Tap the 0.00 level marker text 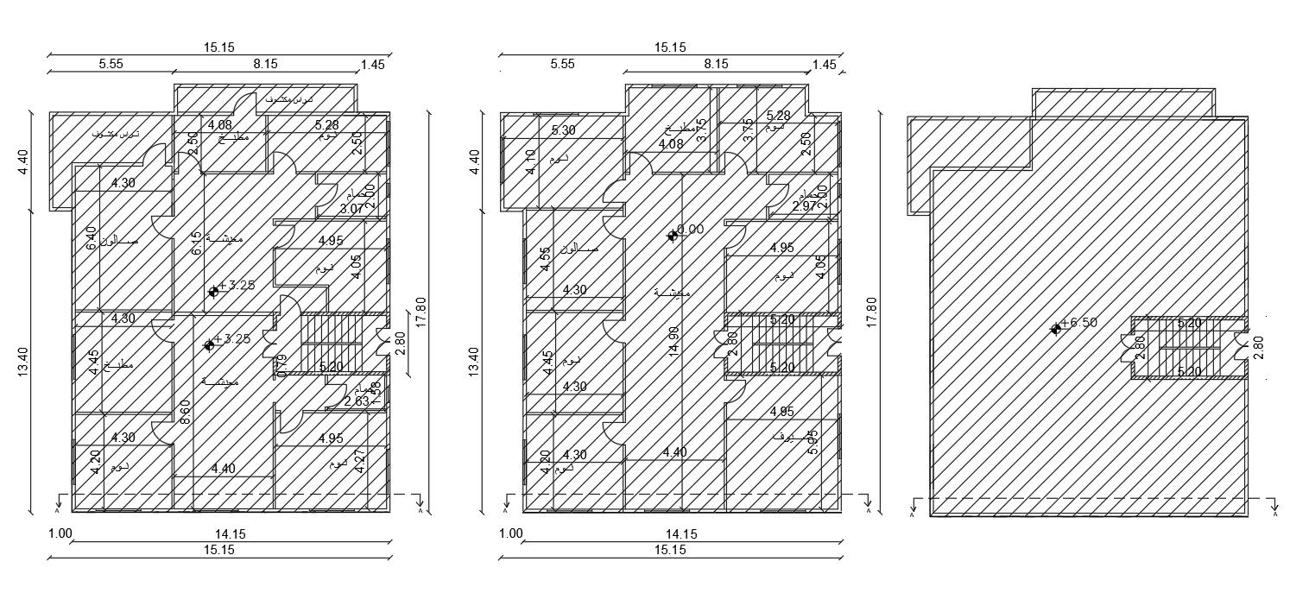click(x=691, y=230)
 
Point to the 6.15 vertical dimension click(x=196, y=243)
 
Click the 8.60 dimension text click(x=185, y=413)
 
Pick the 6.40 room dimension click(x=91, y=238)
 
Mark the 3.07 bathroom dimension click(x=351, y=208)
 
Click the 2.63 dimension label click(x=357, y=401)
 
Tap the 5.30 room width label click(x=563, y=130)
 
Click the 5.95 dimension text click(x=812, y=442)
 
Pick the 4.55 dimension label click(x=545, y=259)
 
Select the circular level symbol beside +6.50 click(x=1055, y=329)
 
